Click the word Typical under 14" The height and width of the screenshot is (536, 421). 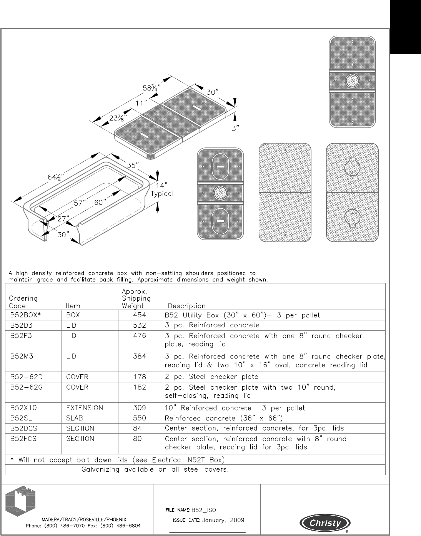point(162,194)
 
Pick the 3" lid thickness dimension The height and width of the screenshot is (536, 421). point(236,128)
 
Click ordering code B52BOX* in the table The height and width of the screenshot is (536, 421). point(25,315)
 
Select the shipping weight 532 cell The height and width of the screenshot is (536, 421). point(140,325)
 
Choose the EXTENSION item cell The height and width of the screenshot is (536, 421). point(85,408)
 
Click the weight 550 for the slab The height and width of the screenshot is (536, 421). point(140,418)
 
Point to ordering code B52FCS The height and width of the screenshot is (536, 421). point(23,439)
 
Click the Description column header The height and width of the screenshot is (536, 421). point(186,306)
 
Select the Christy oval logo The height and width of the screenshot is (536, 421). point(325,523)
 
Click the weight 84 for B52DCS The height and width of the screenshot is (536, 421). point(137,429)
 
